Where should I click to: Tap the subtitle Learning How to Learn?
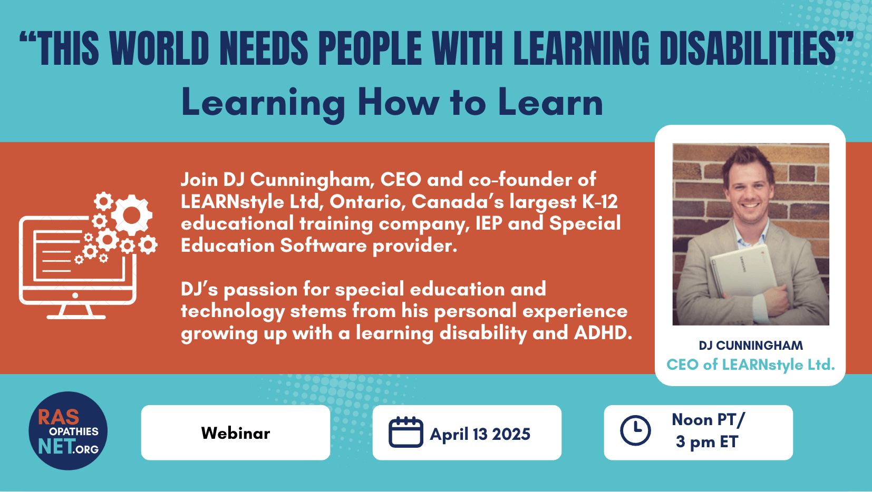(392, 103)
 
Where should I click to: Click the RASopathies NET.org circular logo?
(68, 431)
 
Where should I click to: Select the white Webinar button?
(236, 432)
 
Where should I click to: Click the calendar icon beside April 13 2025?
(405, 432)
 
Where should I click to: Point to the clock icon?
(635, 430)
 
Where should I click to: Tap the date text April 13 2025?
(480, 434)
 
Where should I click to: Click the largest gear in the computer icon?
(132, 215)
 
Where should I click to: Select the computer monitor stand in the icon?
(76, 312)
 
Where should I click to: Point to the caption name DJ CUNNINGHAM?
(751, 346)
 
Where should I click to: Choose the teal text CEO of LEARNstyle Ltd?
(751, 365)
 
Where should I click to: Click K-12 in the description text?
(600, 201)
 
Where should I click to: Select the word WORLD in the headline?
(159, 48)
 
